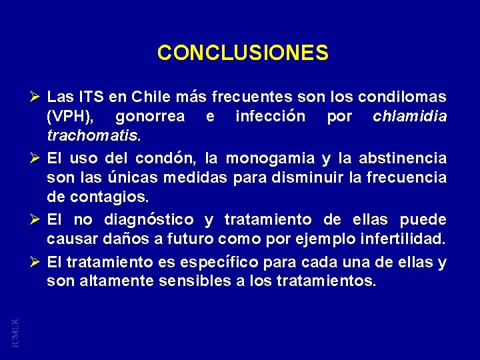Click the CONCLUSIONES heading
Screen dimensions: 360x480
point(243,53)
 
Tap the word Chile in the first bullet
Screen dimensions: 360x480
point(152,97)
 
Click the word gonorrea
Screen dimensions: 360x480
point(150,117)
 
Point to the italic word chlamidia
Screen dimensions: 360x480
point(410,117)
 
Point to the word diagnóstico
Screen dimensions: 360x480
point(149,220)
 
